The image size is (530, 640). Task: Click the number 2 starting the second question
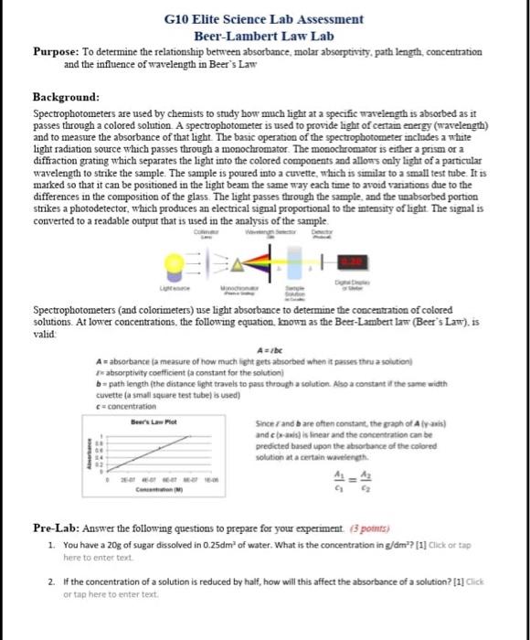click(51, 581)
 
